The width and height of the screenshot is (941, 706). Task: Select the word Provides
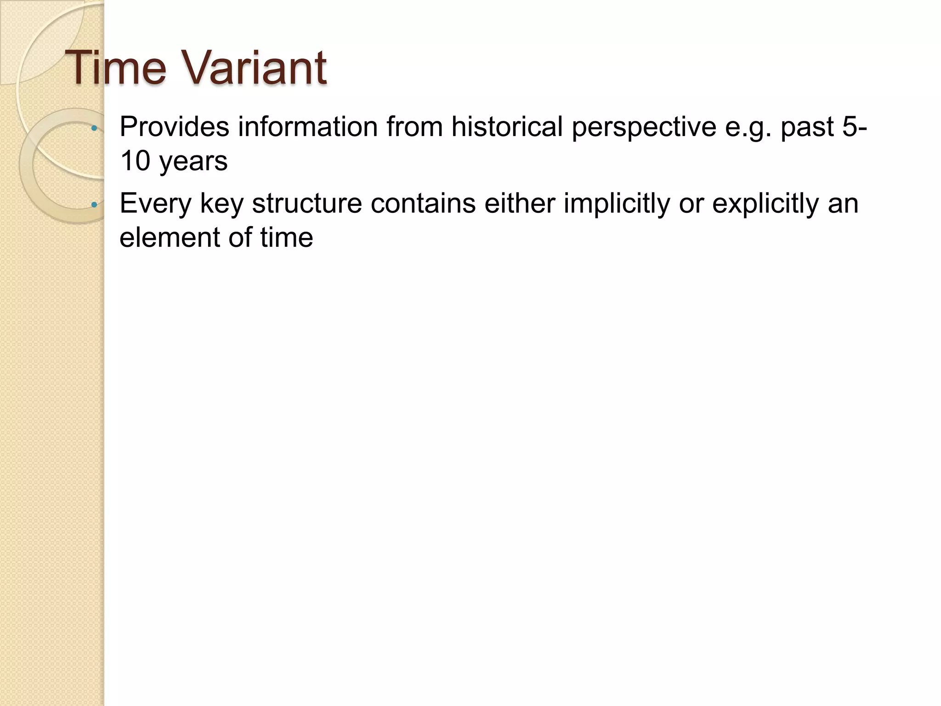tap(174, 127)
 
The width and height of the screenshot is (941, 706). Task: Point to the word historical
tap(507, 127)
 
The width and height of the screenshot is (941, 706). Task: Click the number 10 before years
tap(135, 161)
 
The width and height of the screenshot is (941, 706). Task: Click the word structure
tap(307, 203)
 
